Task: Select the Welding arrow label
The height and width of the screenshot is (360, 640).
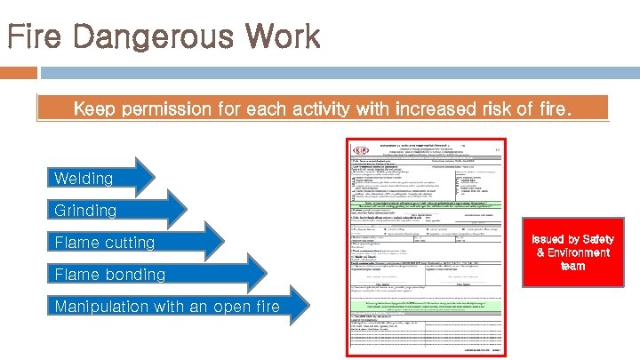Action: [x=84, y=179]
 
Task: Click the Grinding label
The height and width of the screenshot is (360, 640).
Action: [x=85, y=211]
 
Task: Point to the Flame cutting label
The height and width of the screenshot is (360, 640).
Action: [x=104, y=243]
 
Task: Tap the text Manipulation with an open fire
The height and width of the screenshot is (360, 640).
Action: [x=166, y=307]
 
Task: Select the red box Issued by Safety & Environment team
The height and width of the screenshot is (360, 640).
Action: [x=572, y=253]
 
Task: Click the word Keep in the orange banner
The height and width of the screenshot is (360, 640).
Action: [x=92, y=110]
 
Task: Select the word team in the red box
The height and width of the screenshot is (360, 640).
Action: [x=572, y=267]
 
